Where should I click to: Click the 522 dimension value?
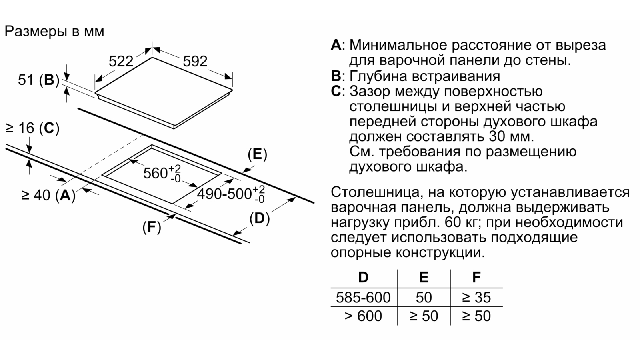pos(121,61)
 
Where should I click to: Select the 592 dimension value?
pos(195,61)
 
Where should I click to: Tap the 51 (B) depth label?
pos(38,80)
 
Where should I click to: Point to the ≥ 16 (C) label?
pos(32,128)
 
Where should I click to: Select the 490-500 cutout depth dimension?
pos(231,194)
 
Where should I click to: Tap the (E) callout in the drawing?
pos(257,154)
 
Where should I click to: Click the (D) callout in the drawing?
pos(260,218)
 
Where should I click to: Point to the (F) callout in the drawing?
pos(152,227)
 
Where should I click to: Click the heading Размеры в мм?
pos(54,31)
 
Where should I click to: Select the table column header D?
pos(363,277)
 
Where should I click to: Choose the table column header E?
pos(424,277)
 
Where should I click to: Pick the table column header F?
pos(476,277)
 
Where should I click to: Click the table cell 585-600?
pos(363,297)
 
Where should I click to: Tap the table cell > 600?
pos(363,316)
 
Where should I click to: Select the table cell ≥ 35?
pos(476,297)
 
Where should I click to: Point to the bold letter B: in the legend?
pos(338,76)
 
